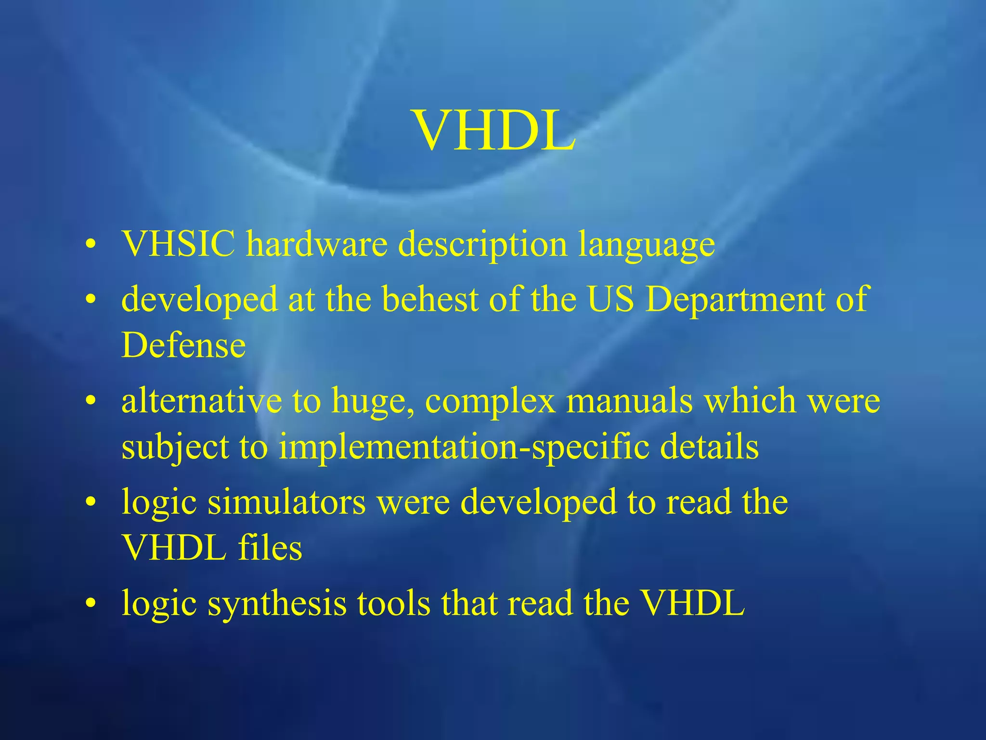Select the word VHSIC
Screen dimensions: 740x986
(178, 244)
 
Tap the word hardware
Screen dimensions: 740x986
(317, 244)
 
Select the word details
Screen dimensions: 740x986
(709, 447)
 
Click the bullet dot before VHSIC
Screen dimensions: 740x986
(90, 246)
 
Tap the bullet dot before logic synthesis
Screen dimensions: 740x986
(90, 604)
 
